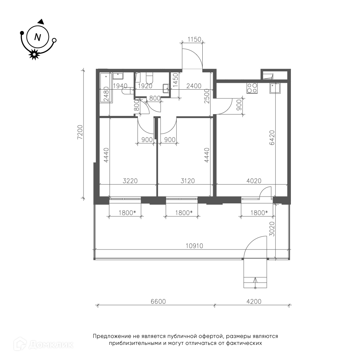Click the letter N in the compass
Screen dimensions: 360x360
[37, 37]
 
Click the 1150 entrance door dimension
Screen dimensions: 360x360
[194, 40]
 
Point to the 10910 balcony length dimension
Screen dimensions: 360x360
[194, 246]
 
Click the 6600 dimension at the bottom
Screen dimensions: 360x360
[158, 301]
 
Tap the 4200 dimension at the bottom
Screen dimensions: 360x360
[254, 301]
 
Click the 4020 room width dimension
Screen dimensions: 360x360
[254, 181]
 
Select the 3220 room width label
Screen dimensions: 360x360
[130, 181]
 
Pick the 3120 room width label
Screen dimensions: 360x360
[188, 181]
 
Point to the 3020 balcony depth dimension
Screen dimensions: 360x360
[272, 229]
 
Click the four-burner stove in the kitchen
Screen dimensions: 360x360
[252, 88]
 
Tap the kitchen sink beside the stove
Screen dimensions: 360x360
[275, 88]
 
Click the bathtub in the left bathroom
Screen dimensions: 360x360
[106, 88]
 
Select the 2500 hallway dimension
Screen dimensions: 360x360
[207, 96]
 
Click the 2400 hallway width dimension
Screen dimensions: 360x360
[194, 86]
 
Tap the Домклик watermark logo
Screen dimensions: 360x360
[44, 345]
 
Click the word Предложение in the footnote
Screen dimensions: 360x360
[112, 337]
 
